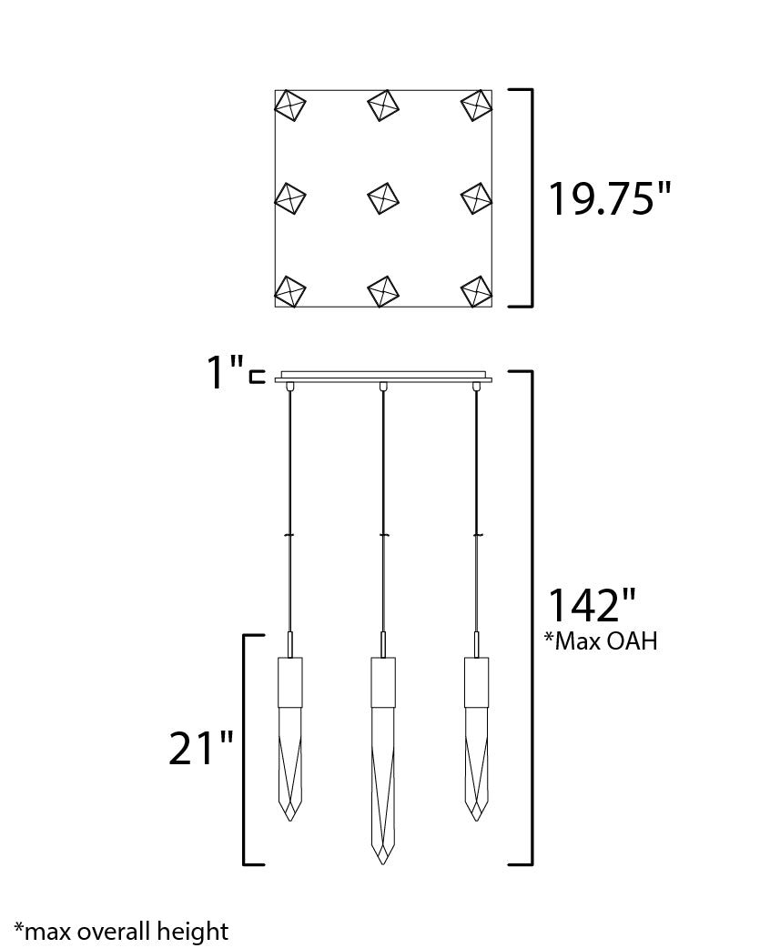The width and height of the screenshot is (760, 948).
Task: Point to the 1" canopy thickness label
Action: [x=225, y=373]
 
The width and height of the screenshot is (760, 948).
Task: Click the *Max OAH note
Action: [x=601, y=641]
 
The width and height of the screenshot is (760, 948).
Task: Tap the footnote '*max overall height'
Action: [x=121, y=932]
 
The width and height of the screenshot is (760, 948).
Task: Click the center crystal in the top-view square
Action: [x=383, y=197]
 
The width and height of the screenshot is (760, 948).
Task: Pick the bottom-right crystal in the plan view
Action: [x=476, y=291]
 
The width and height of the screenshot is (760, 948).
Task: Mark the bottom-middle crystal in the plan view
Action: [x=383, y=291]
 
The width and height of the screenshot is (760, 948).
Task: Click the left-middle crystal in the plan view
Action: [x=290, y=197]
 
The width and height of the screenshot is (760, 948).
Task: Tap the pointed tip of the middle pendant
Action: [x=383, y=860]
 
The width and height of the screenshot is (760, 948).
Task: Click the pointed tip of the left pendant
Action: [x=290, y=817]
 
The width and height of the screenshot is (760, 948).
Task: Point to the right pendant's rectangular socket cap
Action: [x=476, y=681]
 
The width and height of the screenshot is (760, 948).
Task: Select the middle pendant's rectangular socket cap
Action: [x=383, y=681]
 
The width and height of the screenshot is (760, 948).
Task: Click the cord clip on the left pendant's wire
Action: [x=290, y=535]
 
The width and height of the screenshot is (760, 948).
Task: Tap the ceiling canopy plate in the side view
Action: [x=383, y=376]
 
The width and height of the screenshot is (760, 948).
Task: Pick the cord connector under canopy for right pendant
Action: [x=476, y=387]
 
